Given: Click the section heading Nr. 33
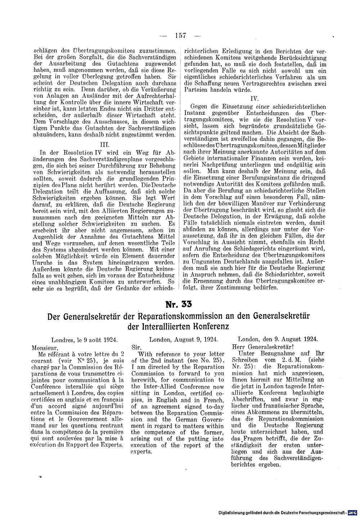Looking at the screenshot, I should point(179,304).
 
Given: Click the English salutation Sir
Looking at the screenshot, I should point(135,348).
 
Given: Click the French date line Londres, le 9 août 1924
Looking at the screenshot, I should point(84,339).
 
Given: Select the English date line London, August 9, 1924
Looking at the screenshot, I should point(183,339).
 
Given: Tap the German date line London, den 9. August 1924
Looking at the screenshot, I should point(277,339).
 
